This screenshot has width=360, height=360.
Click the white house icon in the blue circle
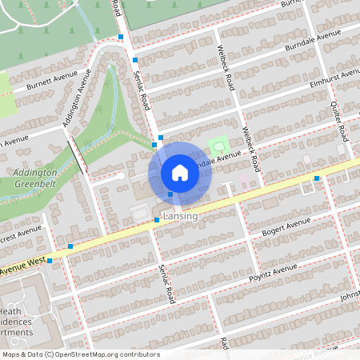[180, 173]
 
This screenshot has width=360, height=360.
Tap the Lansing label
[180, 217]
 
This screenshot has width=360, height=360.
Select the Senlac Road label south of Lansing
[166, 284]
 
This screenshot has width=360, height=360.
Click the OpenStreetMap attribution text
[80, 354]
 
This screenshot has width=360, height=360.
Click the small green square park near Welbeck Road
[217, 146]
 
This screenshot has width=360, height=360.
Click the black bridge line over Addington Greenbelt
[78, 155]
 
